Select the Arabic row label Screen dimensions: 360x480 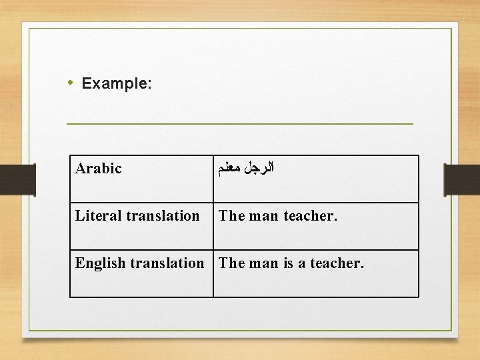99,168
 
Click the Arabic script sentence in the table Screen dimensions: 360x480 247,168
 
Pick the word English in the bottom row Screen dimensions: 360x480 101,263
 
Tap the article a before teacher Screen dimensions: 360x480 302,264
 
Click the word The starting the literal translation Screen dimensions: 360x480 232,216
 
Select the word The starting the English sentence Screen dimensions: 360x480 232,263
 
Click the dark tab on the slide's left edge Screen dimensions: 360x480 11,180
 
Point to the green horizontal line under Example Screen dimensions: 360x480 240,124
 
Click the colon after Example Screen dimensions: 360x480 150,85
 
